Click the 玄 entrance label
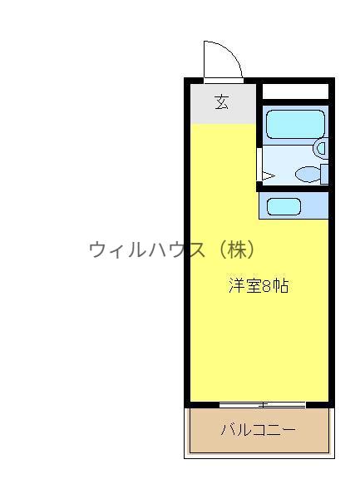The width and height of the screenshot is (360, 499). pos(222,102)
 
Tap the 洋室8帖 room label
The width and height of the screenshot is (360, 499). pos(259,285)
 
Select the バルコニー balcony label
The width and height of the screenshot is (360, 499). pos(259,430)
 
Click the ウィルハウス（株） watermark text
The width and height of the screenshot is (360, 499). pos(172,249)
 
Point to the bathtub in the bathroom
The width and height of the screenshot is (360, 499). pos(295,124)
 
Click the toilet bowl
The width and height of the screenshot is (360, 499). pos(308,174)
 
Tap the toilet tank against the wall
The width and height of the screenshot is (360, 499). pos(324,174)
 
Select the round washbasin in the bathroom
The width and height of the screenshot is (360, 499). pos(321,148)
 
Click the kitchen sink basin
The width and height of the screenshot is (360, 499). pos(284,206)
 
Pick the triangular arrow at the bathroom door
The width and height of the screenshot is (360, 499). pos(269,175)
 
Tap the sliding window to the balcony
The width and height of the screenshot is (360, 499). pos(263,405)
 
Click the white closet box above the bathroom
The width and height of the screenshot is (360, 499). pos(295,91)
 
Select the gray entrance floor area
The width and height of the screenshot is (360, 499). pos(224,104)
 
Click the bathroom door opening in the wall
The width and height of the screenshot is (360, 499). pos(259,165)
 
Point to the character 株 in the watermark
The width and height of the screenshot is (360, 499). pos(237,249)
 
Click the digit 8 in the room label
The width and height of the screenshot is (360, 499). pos(266,286)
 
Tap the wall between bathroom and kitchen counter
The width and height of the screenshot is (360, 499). pos(293,189)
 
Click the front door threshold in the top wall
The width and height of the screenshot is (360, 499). pos(224,81)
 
